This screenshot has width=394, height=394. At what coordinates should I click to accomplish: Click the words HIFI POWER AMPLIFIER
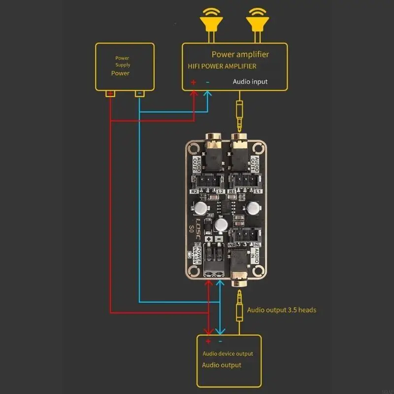[x=222, y=66]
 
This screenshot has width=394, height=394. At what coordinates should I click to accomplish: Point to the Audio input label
[x=250, y=81]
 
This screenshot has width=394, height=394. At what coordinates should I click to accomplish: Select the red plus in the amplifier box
[x=194, y=82]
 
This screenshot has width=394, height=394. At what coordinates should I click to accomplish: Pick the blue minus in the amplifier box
[x=207, y=82]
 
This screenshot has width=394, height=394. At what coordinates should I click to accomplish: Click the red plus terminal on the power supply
[x=111, y=93]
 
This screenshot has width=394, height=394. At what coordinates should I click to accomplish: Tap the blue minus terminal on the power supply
[x=140, y=93]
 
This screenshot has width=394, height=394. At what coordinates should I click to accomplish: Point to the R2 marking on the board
[x=194, y=191]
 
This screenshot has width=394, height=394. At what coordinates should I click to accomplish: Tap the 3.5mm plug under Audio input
[x=239, y=111]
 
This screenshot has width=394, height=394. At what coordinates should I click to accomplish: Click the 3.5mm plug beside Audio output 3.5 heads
[x=239, y=305]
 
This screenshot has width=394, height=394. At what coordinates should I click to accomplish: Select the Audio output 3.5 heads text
[x=281, y=310]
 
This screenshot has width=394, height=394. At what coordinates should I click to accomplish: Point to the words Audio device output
[x=228, y=354]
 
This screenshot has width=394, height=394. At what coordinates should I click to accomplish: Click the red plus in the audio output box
[x=208, y=341]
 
